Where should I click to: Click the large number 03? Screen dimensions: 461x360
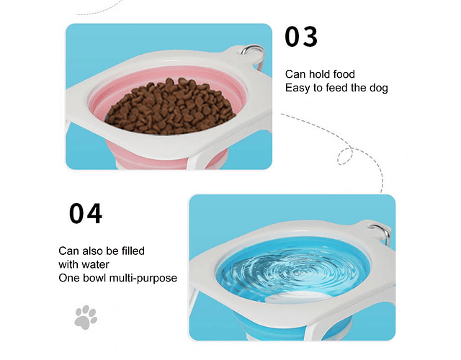point(301,37)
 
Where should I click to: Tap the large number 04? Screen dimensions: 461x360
point(86,214)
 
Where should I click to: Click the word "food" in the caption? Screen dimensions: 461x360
point(344,74)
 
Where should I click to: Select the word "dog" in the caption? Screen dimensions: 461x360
point(379,88)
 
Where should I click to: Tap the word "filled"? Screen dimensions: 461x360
point(133,251)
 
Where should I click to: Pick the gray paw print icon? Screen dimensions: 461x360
point(86,318)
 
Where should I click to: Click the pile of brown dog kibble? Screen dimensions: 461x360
point(170,107)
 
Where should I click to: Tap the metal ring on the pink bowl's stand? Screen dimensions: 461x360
point(252,52)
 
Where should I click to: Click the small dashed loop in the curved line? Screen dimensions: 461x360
point(344,156)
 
